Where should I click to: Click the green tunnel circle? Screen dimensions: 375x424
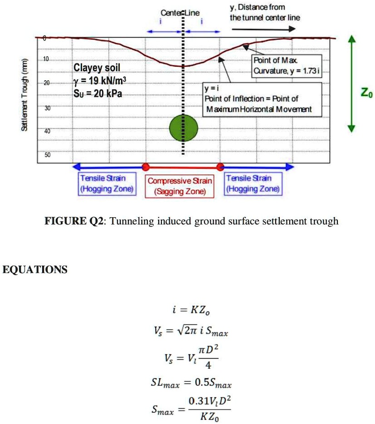tap(184, 128)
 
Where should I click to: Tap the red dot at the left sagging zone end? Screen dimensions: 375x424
tap(146, 167)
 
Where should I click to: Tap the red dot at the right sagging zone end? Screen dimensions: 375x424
tap(220, 167)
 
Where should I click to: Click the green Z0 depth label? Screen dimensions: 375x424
tap(367, 93)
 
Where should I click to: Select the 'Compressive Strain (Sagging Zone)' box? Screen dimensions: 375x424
tap(180, 186)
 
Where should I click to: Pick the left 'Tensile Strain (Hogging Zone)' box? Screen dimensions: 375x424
tap(107, 184)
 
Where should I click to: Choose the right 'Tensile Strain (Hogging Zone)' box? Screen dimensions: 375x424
tap(253, 184)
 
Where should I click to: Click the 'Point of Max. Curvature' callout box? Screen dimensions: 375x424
tap(287, 66)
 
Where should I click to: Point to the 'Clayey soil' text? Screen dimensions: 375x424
tap(97, 68)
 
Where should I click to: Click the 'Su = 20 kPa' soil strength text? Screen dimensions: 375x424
tap(97, 93)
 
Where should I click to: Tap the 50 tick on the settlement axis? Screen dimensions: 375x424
tap(47, 155)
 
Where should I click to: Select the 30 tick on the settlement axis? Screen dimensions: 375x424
tap(47, 108)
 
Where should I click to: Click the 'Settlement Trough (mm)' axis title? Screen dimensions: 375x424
tap(24, 95)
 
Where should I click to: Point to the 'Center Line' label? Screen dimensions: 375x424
tap(180, 13)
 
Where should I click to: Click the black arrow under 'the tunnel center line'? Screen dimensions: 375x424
tap(263, 29)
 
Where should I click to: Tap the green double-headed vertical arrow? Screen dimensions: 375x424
tap(351, 83)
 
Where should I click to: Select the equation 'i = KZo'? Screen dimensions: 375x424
tap(191, 310)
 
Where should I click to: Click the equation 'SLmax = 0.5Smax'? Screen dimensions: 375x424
tap(191, 383)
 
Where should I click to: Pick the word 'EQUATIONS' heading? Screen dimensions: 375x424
tap(35, 270)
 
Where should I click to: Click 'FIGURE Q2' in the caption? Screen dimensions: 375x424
tap(74, 221)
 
